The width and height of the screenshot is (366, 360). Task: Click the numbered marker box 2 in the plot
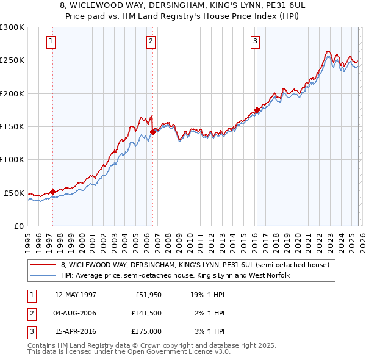click(151, 41)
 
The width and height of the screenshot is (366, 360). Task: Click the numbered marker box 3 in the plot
click(255, 41)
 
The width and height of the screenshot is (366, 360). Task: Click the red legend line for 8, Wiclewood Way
click(43, 265)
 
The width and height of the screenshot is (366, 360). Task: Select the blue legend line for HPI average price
click(43, 276)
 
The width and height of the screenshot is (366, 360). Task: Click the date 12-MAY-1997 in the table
click(76, 295)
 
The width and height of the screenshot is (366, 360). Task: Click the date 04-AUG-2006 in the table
click(76, 313)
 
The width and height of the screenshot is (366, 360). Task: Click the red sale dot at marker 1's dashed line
click(53, 192)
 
